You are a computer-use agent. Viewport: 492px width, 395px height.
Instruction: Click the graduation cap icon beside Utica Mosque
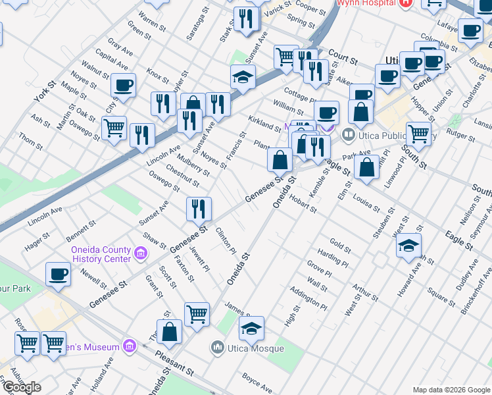click(x=251, y=327)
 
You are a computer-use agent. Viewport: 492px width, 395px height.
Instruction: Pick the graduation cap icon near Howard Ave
click(x=408, y=246)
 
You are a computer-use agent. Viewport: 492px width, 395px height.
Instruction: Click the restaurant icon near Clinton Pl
click(x=199, y=209)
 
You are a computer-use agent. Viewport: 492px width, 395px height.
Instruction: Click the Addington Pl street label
click(x=308, y=298)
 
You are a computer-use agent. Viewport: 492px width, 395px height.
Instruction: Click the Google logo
click(x=22, y=387)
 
